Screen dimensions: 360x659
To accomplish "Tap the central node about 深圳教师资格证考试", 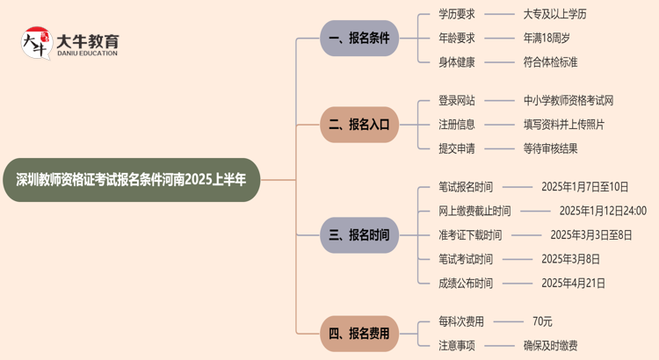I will [x=132, y=179].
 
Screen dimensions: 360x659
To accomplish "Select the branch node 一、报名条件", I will [x=359, y=39].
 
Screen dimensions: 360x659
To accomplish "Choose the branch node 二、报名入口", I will [x=359, y=125].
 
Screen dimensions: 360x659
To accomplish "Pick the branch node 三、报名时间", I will [x=359, y=235].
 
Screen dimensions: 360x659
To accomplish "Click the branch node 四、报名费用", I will [x=359, y=333].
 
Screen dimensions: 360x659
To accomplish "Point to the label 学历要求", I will [x=457, y=14].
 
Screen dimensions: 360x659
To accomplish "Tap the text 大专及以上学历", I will [x=554, y=14].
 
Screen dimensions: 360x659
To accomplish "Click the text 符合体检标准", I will [x=550, y=62].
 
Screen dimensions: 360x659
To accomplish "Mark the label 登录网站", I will [x=457, y=101].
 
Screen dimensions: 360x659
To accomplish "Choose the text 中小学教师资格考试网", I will [x=568, y=101].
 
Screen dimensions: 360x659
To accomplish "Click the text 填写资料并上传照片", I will [x=563, y=125].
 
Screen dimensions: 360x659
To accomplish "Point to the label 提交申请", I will [x=457, y=148].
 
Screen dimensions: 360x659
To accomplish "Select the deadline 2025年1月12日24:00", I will [x=603, y=211].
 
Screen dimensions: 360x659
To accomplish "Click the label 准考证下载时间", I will [x=470, y=235].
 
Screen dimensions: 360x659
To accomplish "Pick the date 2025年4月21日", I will [x=573, y=283].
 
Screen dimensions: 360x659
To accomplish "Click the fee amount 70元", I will [x=542, y=321].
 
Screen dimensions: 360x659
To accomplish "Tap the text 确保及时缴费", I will [x=550, y=345].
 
